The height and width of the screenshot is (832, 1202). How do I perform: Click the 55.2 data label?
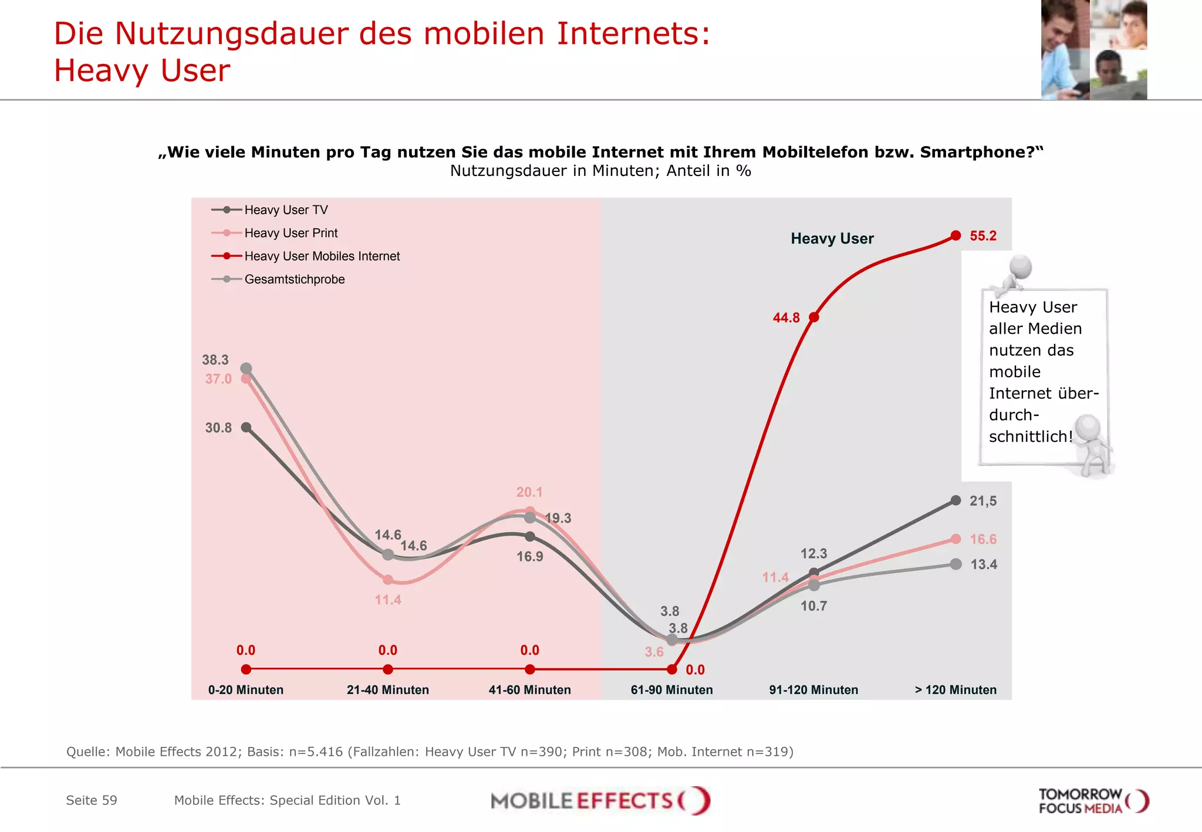coord(982,236)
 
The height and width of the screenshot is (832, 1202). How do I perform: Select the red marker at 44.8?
coord(814,317)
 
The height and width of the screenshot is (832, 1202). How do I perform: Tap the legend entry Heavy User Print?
coord(291,233)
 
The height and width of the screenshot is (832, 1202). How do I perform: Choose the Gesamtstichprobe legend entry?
coord(294,279)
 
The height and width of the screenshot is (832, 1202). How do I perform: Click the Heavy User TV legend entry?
coord(286,210)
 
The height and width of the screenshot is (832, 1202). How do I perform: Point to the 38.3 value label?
coord(215,360)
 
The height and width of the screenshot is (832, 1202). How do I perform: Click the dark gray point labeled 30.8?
coord(247,427)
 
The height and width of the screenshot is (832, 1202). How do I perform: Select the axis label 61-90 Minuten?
coord(671,690)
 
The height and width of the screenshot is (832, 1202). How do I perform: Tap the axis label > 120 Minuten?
coord(955,690)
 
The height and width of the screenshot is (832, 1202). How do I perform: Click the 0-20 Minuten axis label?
coord(246,690)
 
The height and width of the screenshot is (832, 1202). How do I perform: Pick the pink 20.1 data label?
coord(529,492)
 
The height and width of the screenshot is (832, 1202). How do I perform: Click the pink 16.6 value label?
coord(983,539)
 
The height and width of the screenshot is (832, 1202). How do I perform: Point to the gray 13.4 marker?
coord(956,564)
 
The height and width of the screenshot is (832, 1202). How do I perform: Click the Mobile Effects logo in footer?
coord(600,801)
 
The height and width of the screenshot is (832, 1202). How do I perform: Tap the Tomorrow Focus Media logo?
coord(1093,801)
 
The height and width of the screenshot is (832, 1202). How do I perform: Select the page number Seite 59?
coord(92,800)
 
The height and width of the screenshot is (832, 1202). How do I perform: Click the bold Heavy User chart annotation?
coord(832,239)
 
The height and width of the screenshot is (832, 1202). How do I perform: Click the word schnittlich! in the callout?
coord(1031,437)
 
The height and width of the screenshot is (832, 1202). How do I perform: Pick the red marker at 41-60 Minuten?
coord(530,669)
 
